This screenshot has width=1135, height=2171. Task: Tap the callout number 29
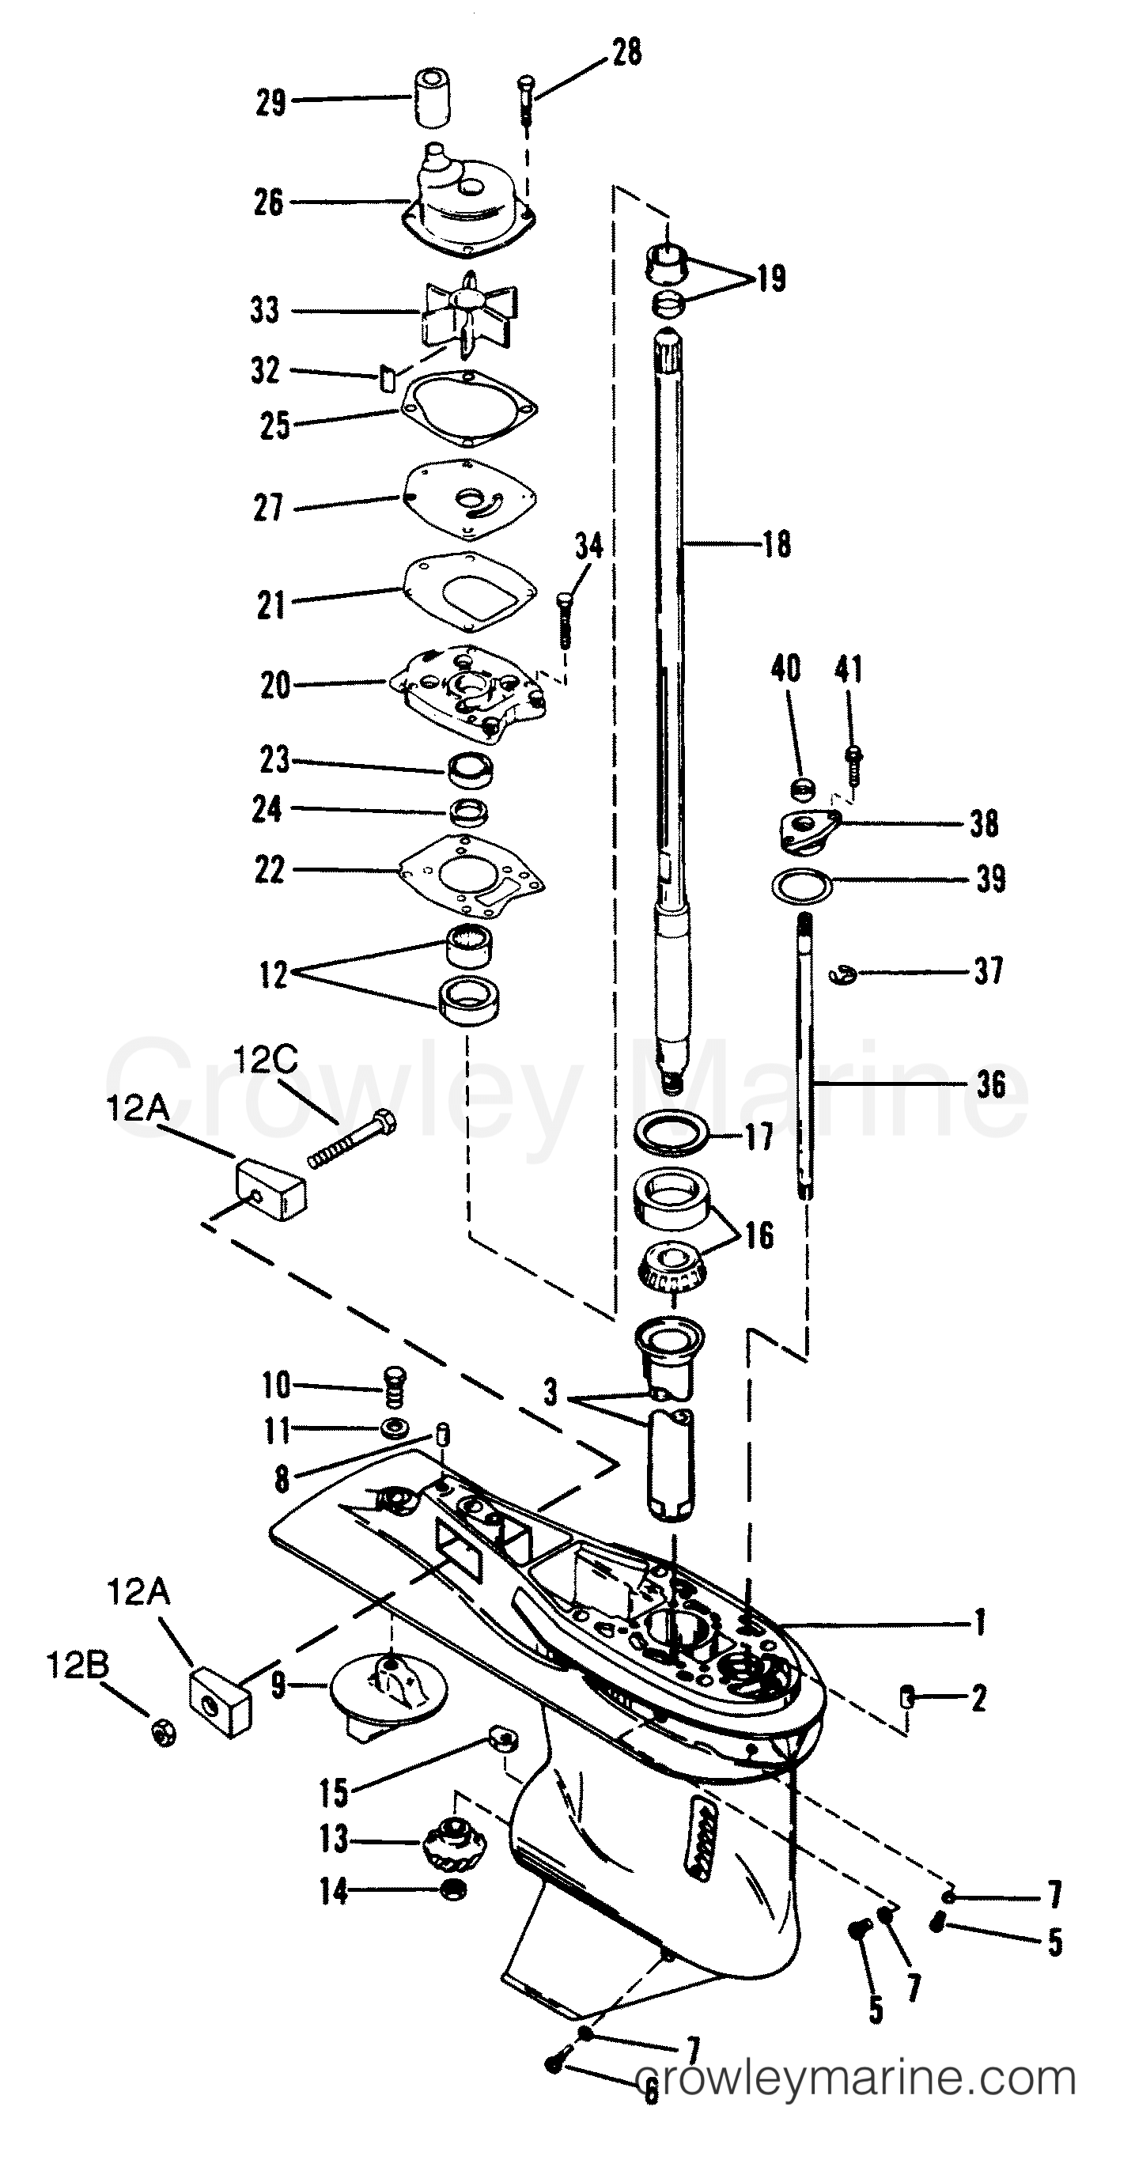(271, 103)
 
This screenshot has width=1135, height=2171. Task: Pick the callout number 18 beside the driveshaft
(777, 544)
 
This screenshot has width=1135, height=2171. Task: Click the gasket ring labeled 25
(468, 410)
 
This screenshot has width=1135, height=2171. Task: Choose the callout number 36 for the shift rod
(991, 1084)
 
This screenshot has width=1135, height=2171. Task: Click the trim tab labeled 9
(388, 1694)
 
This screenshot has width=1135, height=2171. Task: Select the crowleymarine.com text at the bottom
(855, 2078)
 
